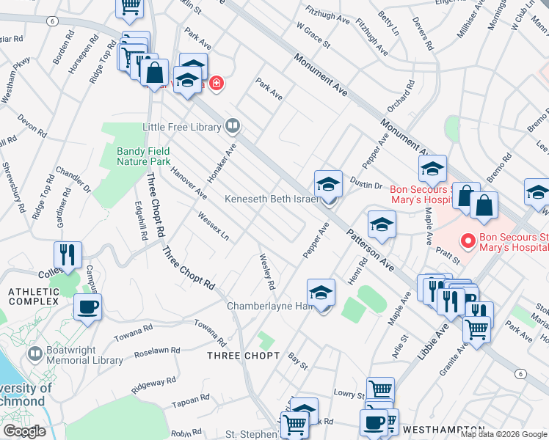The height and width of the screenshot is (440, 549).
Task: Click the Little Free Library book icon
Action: click(233, 127)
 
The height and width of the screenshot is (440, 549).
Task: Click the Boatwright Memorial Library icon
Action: click(34, 354)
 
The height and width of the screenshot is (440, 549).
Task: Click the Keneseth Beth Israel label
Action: click(272, 199)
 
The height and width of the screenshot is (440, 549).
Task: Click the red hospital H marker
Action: click(216, 83)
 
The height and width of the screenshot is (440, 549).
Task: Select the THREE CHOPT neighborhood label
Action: click(243, 356)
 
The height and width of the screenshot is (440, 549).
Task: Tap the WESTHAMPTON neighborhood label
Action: click(443, 429)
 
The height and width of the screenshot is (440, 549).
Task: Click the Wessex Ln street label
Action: click(214, 226)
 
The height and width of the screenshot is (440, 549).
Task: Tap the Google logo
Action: click(23, 431)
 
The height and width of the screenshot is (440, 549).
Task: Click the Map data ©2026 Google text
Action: click(503, 434)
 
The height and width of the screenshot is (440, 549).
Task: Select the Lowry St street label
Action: click(349, 395)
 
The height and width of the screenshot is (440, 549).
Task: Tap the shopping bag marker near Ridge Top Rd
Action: click(155, 73)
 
